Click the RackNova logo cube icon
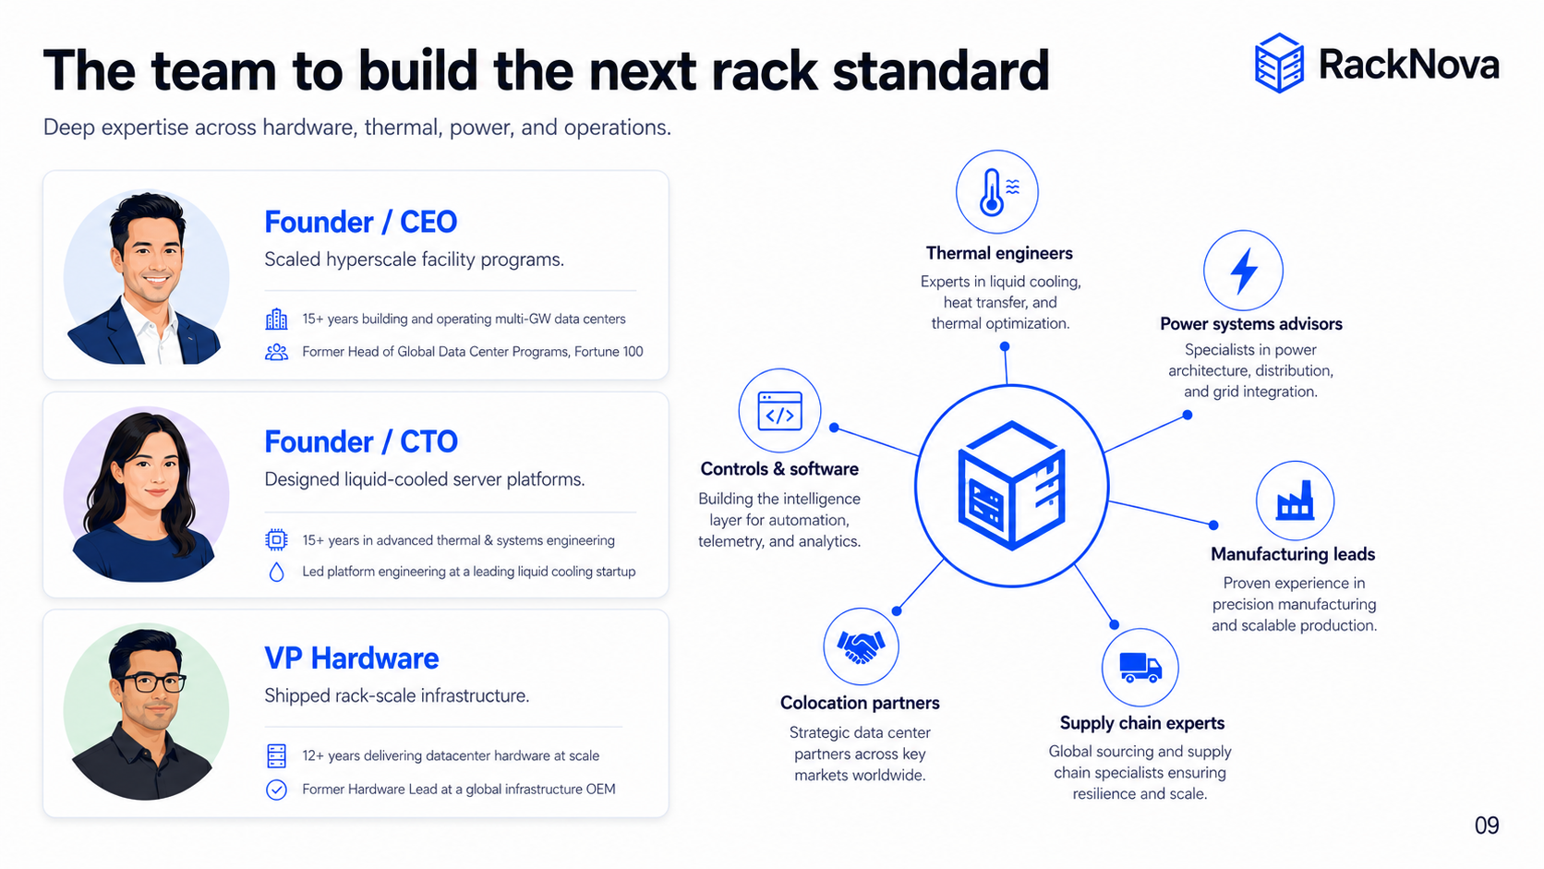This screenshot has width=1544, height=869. click(1279, 63)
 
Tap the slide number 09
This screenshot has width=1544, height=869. click(1487, 825)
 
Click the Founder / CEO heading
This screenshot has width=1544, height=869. click(360, 222)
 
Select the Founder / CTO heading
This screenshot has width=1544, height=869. click(361, 441)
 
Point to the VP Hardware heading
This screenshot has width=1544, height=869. click(352, 658)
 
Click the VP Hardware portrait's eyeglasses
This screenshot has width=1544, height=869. click(151, 683)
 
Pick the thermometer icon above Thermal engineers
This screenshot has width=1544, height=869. click(996, 191)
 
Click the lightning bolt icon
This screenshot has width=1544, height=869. click(1244, 271)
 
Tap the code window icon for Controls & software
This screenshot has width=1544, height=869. click(779, 412)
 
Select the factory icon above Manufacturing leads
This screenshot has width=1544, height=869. click(1296, 501)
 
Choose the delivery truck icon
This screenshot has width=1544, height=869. click(1140, 667)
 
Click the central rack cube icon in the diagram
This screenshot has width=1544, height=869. click(1012, 486)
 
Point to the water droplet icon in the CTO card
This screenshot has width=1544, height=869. click(276, 572)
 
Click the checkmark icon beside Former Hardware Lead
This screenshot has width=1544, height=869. click(276, 789)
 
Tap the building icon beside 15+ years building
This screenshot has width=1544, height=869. click(276, 320)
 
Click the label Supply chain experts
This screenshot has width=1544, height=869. click(1142, 723)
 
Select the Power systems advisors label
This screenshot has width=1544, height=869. click(1251, 324)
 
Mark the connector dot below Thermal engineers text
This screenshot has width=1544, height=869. click(1005, 346)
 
